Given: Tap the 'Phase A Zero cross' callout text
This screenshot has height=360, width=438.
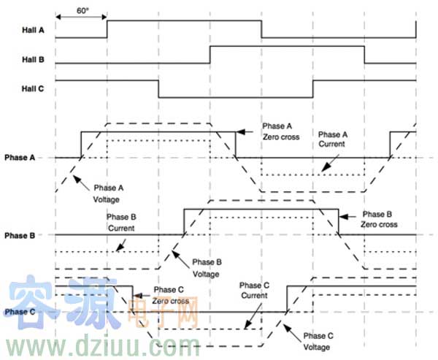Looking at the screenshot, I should coord(276,131).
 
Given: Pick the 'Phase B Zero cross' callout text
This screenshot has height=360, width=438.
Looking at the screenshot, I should coord(378,219).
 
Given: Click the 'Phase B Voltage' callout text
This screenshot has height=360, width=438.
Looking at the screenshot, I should coord(205,267).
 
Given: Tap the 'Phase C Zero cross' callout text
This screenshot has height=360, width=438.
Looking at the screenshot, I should coord(169,295).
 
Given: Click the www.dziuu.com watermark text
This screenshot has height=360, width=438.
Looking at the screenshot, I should coord(102,344).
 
